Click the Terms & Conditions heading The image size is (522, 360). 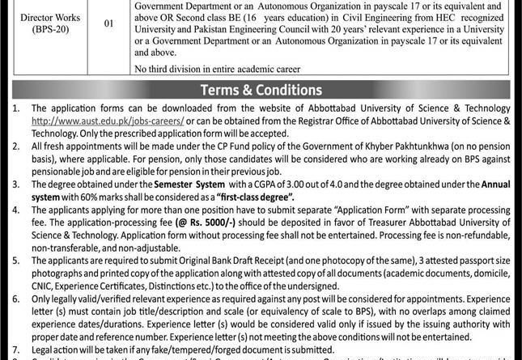click(261, 90)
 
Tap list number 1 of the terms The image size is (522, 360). click(9, 108)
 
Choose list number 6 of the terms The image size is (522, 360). click(9, 298)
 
